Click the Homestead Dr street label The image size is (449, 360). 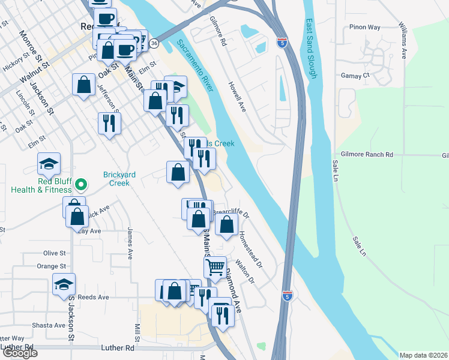(x=251, y=250)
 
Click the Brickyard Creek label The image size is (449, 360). (x=119, y=178)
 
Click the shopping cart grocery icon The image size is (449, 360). (x=215, y=267)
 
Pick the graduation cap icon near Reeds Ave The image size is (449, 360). (x=64, y=285)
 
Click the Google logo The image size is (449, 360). (x=20, y=353)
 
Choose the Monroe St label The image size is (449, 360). (x=34, y=47)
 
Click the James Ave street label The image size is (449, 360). (x=130, y=242)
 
